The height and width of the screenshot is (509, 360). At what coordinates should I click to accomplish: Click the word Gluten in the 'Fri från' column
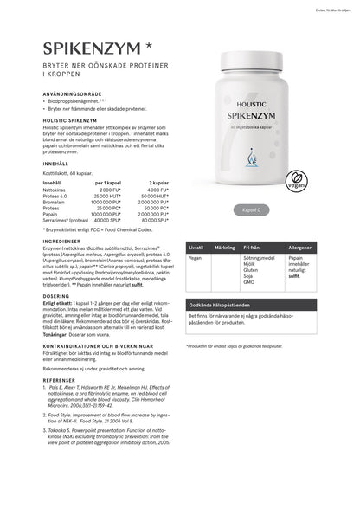click(252, 271)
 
